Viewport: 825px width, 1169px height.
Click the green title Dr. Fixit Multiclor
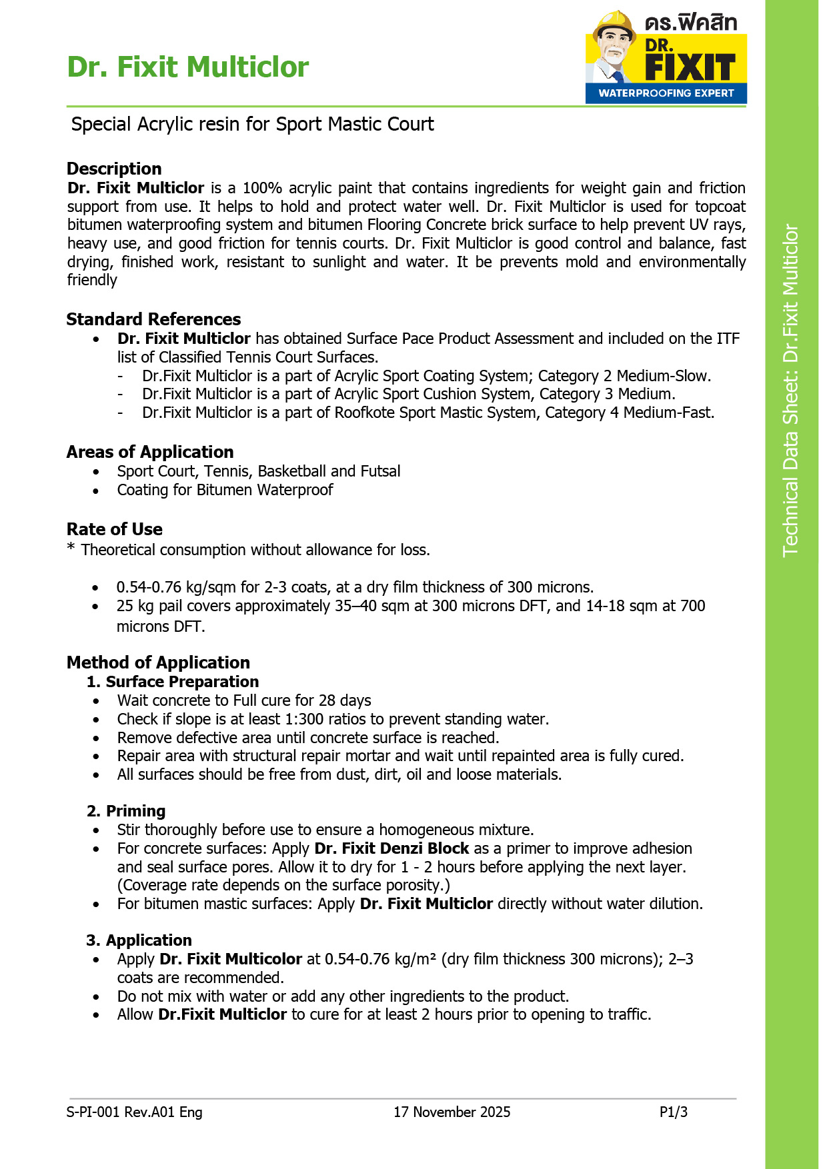pos(188,67)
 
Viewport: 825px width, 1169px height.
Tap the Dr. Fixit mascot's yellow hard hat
pos(614,23)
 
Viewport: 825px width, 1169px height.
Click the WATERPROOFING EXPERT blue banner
pos(666,93)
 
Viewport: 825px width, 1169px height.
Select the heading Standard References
pos(153,319)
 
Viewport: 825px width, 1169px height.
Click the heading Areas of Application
pos(150,452)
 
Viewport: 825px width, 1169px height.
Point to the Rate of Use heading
pos(115,529)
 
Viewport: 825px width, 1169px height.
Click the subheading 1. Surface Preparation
pos(173,682)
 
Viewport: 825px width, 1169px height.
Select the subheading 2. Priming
pos(127,811)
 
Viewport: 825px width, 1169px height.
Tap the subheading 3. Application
pos(139,940)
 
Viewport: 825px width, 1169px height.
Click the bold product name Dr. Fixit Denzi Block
pos(391,848)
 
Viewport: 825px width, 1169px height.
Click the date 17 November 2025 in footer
pos(452,1112)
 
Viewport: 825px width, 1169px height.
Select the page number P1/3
pos(673,1112)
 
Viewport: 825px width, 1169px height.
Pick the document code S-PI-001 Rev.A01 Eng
pos(135,1112)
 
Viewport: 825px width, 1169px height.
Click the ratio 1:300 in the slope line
pos(304,719)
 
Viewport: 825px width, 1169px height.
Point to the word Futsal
pos(380,471)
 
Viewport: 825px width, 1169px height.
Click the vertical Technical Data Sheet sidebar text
pos(790,390)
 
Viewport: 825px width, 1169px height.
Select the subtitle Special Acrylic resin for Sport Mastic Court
pos(252,125)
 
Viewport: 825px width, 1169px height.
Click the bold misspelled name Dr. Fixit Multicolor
pos(231,959)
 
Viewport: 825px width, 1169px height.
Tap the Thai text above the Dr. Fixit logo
pos(691,22)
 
